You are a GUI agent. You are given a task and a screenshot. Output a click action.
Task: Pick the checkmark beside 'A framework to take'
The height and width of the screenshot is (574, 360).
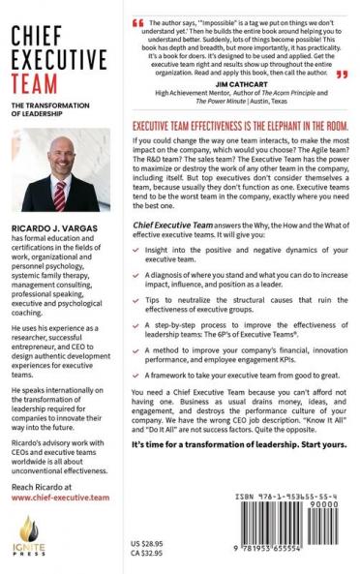(x=135, y=422)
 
